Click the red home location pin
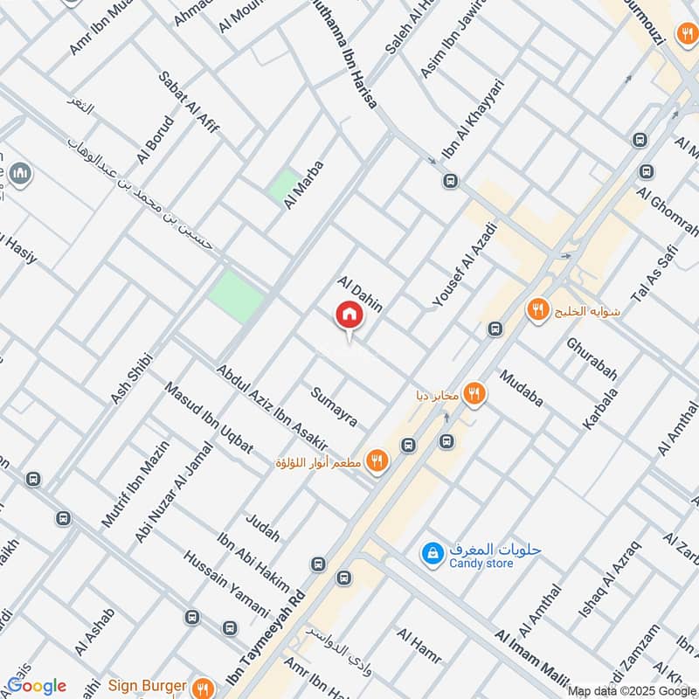(x=349, y=315)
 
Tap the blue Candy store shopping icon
(x=432, y=553)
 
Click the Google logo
(x=37, y=686)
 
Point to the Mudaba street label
(x=522, y=388)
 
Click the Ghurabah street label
(x=592, y=359)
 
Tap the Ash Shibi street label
(x=132, y=378)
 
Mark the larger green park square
(x=236, y=296)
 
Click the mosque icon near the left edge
(x=22, y=176)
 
